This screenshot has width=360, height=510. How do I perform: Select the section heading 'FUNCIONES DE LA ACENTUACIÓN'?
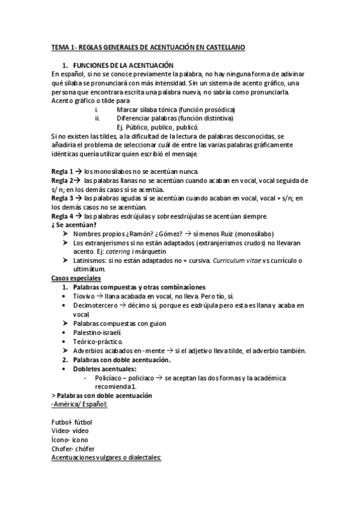click(x=123, y=64)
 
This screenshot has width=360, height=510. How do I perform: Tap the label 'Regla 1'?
click(x=63, y=171)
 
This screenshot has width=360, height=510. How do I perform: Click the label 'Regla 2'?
click(x=63, y=180)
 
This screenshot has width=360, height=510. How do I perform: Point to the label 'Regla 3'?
click(x=63, y=198)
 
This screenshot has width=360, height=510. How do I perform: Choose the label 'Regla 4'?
click(x=63, y=216)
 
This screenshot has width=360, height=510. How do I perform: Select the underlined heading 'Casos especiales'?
click(x=76, y=278)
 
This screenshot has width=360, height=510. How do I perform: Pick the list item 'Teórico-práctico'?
click(x=97, y=342)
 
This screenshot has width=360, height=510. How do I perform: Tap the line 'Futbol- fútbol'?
click(x=72, y=422)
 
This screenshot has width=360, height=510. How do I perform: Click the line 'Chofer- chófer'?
click(x=73, y=449)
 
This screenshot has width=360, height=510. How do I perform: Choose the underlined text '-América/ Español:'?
click(x=80, y=404)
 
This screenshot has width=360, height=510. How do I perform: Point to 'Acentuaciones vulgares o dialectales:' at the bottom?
click(x=107, y=458)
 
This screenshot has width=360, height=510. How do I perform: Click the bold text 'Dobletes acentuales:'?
click(x=105, y=369)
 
